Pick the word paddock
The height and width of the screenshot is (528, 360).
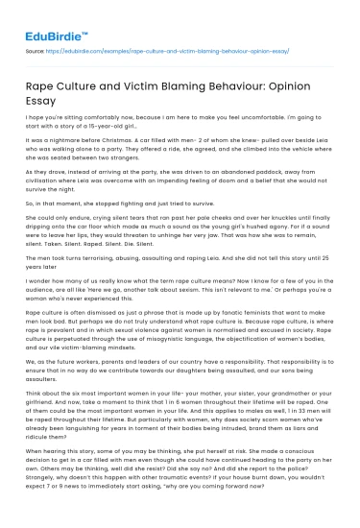(x=266, y=196)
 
